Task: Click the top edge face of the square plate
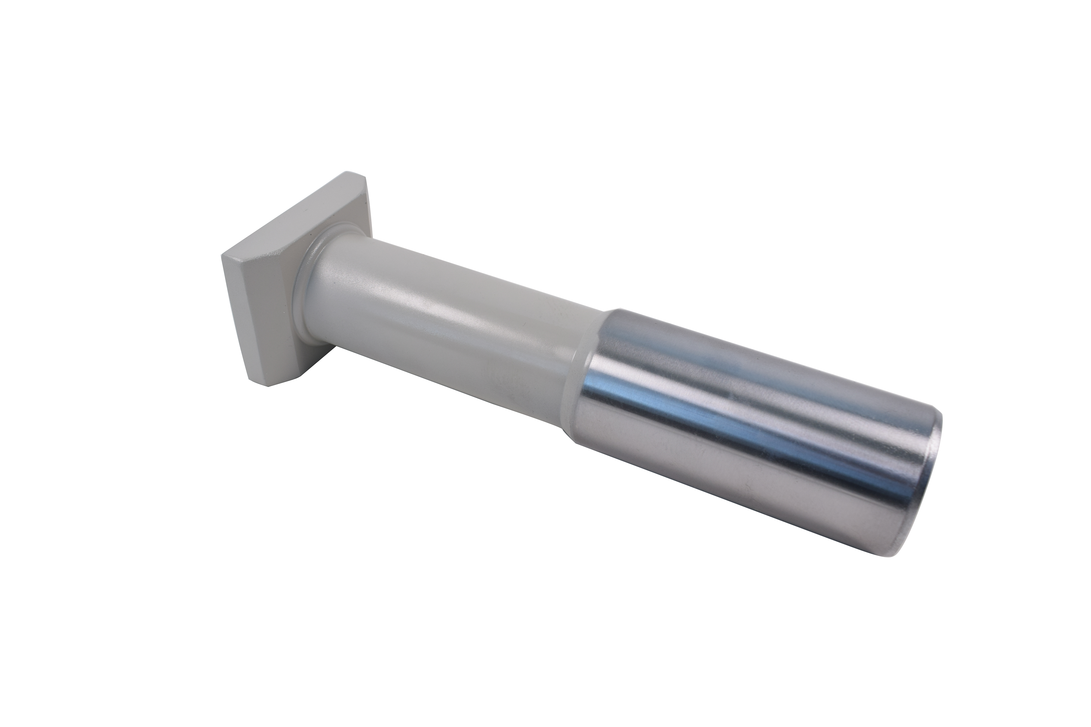click(x=287, y=213)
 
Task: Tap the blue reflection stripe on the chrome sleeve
click(x=719, y=408)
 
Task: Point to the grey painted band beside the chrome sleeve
click(x=580, y=362)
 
